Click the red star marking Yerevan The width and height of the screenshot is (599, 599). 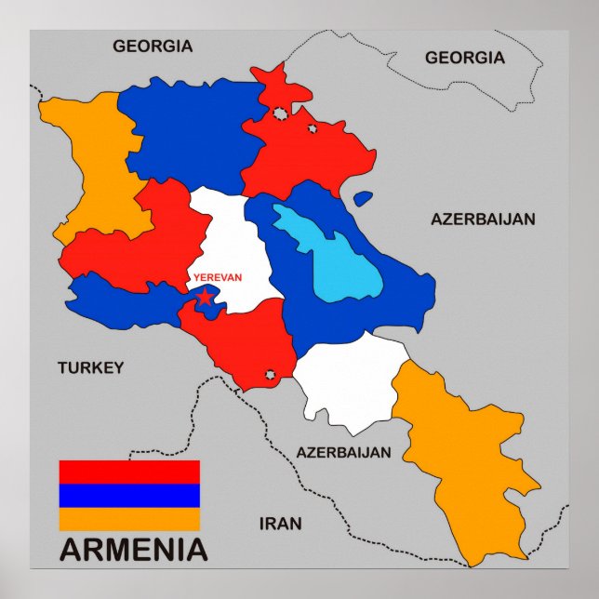coord(205,297)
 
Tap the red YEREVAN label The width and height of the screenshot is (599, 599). coord(217,277)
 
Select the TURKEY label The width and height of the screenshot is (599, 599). coord(90,367)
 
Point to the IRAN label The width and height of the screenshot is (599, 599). coord(280,524)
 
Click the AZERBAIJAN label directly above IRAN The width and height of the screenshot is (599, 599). coord(343,453)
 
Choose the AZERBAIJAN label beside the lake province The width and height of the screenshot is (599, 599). coord(483,220)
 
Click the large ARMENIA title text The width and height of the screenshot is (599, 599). coord(134,550)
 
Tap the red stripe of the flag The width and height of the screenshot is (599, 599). coord(129,472)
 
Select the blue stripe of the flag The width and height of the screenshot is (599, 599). coord(129,495)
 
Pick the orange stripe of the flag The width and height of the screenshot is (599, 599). coord(129,518)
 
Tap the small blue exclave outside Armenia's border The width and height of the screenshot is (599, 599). coord(363,198)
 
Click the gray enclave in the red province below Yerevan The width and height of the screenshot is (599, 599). coord(271,375)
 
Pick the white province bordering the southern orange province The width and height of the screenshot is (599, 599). coord(349,381)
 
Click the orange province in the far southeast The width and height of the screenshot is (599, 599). coord(465,465)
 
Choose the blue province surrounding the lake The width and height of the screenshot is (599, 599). coord(391,298)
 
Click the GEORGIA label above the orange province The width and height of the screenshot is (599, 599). coord(153,46)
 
